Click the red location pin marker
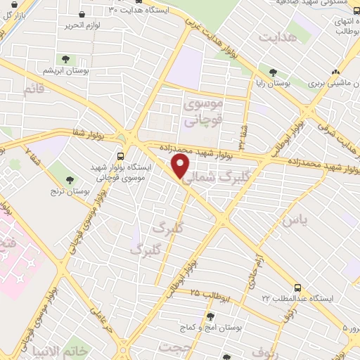(x=181, y=166)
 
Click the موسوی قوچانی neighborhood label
(x=202, y=112)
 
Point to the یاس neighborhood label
(x=295, y=221)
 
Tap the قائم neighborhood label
(x=33, y=90)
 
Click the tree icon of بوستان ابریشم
(x=65, y=60)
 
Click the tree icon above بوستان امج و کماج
(x=209, y=316)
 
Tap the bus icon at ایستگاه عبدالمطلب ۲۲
(x=297, y=288)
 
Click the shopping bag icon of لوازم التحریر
(x=83, y=13)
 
